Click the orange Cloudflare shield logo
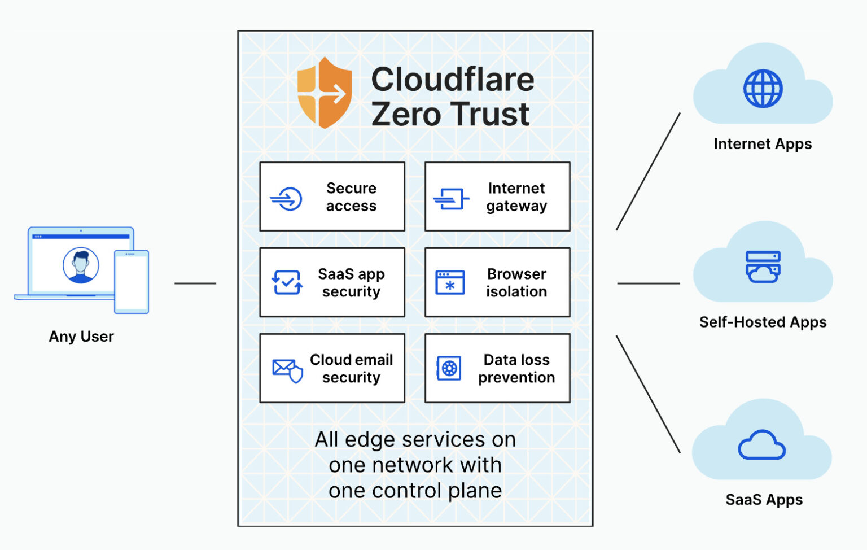[x=325, y=93]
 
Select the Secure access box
[x=332, y=197]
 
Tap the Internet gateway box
[x=497, y=197]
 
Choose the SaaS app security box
[x=332, y=282]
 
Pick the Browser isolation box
[x=497, y=282]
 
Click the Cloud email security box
[x=332, y=368]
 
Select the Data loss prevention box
[x=497, y=368]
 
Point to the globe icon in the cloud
[x=763, y=89]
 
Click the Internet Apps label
[x=763, y=143]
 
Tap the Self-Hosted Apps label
[x=763, y=322]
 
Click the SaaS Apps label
[x=764, y=500]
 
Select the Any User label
[x=81, y=337]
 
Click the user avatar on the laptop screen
[x=81, y=265]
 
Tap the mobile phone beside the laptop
[x=132, y=282]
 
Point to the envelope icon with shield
[x=287, y=370]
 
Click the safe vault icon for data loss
[x=449, y=368]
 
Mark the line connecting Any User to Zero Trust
[x=195, y=283]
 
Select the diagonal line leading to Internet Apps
[x=648, y=172]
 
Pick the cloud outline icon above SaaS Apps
[x=762, y=446]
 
